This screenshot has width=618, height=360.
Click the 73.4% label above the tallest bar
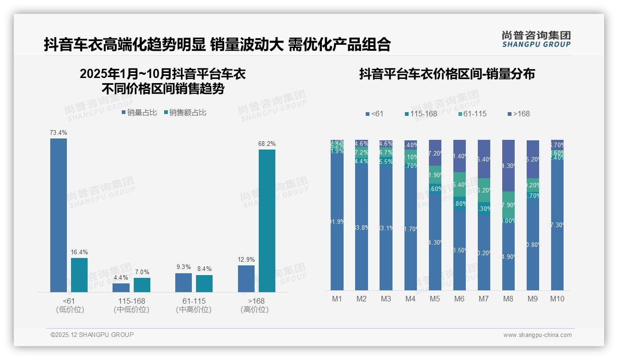[59, 133]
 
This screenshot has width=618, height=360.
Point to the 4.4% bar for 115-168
[121, 288]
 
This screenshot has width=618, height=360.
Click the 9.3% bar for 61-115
[184, 282]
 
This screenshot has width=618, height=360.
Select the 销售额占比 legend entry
[184, 112]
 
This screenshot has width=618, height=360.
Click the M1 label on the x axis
[337, 299]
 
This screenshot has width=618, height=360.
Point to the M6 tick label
[459, 299]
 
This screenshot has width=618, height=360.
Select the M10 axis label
[557, 299]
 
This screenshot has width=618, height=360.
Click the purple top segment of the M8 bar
[508, 165]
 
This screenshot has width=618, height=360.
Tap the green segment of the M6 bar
[459, 184]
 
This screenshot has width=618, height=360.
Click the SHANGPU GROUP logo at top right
[536, 39]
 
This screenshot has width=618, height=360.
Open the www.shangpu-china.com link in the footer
[537, 335]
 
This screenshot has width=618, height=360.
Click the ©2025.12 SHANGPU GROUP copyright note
[92, 335]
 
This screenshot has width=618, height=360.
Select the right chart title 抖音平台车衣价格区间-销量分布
[447, 74]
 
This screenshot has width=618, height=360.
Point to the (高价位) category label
[255, 310]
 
